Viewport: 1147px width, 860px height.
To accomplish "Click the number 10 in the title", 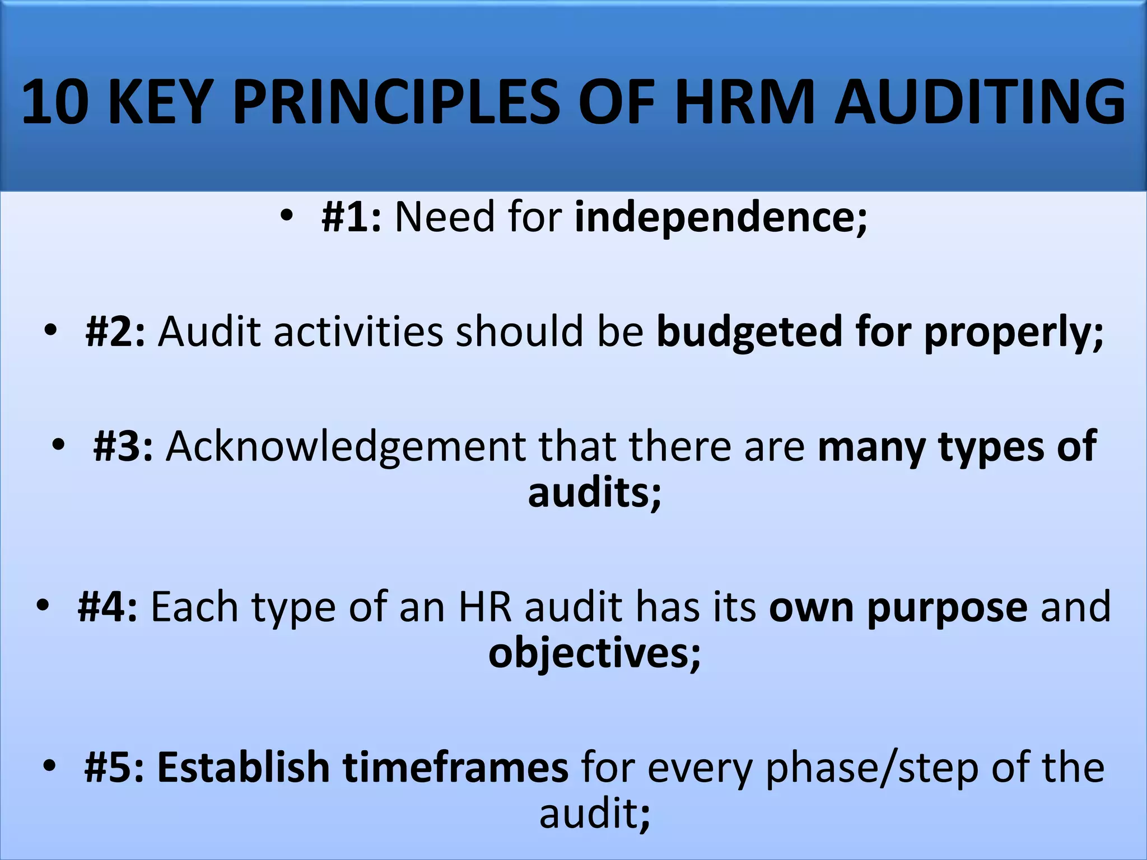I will pos(55,102).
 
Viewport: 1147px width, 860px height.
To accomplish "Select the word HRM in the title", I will pos(744,102).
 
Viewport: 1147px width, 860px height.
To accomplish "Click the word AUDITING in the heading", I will pos(980,102).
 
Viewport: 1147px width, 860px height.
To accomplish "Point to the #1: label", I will pos(351,217).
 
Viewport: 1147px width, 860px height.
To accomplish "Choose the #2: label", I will pos(115,331).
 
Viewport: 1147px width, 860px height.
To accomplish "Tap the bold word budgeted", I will pos(749,331).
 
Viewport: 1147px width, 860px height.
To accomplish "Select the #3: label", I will pos(123,446).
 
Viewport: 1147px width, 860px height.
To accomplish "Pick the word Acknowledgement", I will pos(345,447).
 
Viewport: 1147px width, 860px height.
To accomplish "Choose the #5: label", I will pos(114,767).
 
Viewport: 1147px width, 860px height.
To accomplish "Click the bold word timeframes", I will pos(455,767).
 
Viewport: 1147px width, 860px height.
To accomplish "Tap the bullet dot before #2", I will pos(50,331).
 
